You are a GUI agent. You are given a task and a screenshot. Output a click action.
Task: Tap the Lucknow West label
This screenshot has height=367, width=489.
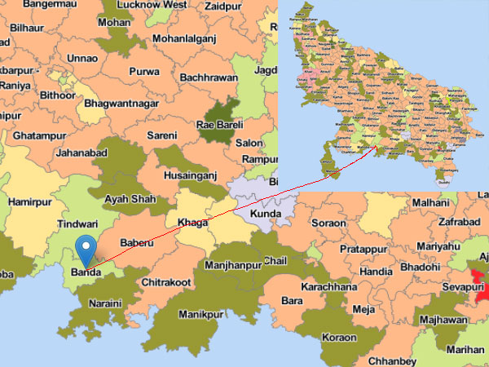click(x=153, y=5)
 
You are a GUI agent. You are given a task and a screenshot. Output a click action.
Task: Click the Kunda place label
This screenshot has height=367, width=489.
click(x=266, y=214)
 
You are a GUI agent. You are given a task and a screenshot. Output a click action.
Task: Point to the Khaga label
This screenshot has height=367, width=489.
click(x=187, y=223)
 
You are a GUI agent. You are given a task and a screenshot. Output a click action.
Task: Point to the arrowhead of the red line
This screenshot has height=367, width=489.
click(x=377, y=147)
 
